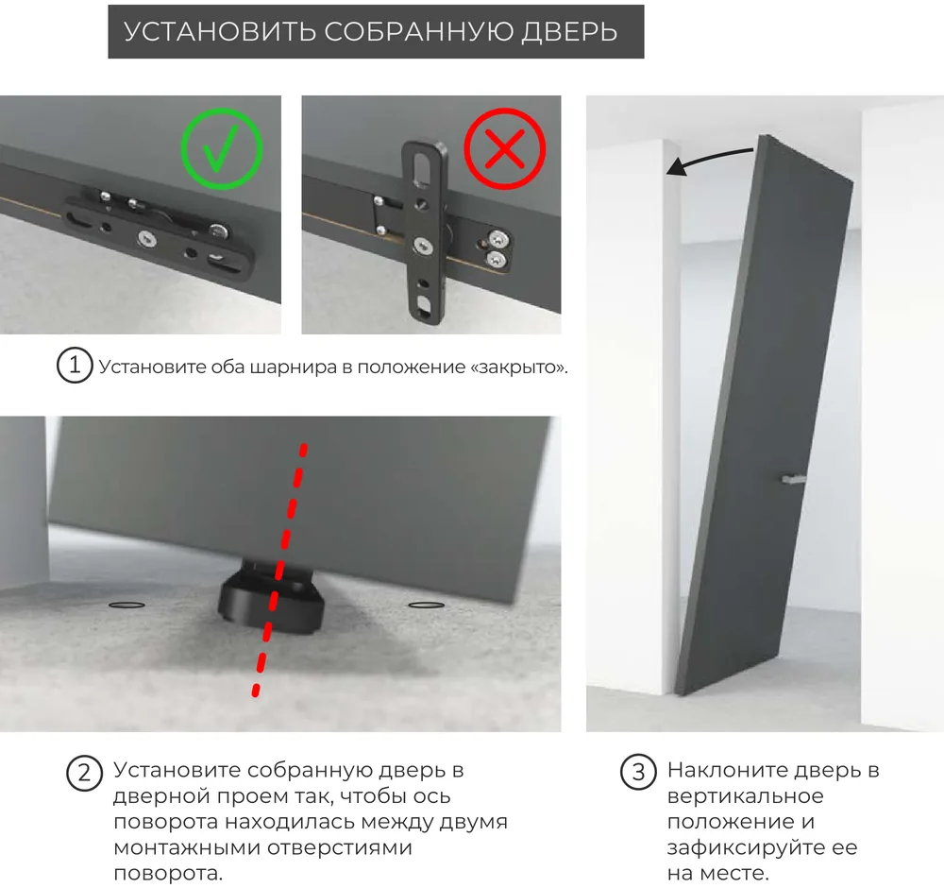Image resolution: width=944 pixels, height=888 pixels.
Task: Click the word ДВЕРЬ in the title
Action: [569, 32]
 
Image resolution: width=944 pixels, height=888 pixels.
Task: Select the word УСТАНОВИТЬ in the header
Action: [220, 32]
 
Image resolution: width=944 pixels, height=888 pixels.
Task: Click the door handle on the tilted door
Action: [793, 480]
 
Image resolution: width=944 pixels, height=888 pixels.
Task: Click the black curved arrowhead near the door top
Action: [677, 167]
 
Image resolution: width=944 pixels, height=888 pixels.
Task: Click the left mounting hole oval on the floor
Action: [126, 605]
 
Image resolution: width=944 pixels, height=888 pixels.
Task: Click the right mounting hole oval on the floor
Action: [427, 605]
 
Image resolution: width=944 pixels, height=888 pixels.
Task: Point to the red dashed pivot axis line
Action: [280, 570]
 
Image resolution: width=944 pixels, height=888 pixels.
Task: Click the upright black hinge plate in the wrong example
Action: [425, 232]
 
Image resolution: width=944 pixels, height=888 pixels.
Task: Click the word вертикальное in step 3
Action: [746, 795]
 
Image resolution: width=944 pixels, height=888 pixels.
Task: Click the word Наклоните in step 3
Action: [727, 770]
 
